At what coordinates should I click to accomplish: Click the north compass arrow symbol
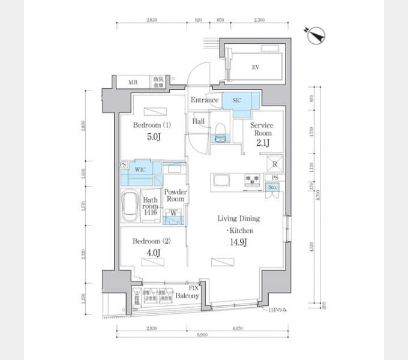coord(314,37)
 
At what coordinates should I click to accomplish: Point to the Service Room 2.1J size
coord(263,142)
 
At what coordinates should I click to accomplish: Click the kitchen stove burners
coord(251,180)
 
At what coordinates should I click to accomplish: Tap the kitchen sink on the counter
coord(220,180)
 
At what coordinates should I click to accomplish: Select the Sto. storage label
coord(273,188)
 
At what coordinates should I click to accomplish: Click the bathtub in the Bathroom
coord(130,206)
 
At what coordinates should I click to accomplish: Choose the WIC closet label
coord(141,170)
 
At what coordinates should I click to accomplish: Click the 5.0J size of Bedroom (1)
coord(152,137)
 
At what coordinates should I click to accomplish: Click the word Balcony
coord(188,296)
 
